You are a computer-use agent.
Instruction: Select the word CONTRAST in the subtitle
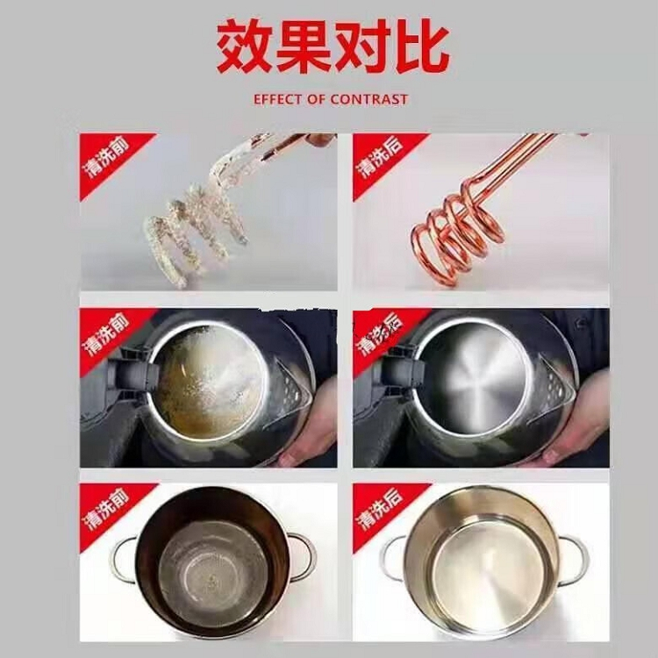[368, 99]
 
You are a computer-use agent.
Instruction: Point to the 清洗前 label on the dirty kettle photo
[106, 333]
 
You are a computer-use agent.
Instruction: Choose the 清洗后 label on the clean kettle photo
[379, 333]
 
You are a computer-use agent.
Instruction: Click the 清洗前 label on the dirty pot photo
[106, 510]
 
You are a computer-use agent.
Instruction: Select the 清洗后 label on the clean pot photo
[379, 510]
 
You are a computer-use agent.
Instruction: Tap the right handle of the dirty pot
[304, 557]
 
